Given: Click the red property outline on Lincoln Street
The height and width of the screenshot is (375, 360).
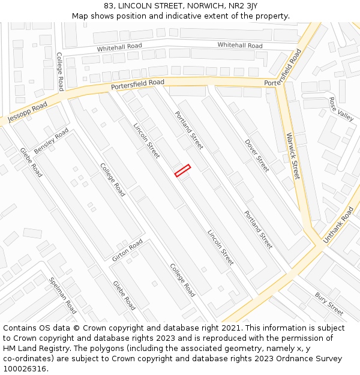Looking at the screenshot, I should click(x=182, y=170).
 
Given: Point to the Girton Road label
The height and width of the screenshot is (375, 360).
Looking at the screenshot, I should click(x=127, y=250).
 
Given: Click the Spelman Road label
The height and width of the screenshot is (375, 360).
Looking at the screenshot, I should click(x=62, y=295).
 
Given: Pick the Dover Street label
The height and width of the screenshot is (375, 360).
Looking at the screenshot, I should click(x=257, y=156).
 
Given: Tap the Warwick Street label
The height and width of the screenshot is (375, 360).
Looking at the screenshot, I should click(x=293, y=156).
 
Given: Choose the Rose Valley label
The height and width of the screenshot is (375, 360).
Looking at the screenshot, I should click(x=341, y=109).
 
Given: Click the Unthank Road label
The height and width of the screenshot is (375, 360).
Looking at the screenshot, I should click(x=339, y=225).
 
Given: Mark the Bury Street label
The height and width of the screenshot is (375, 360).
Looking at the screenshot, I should click(x=329, y=304).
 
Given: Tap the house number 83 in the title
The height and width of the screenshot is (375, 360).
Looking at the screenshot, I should click(x=109, y=5).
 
